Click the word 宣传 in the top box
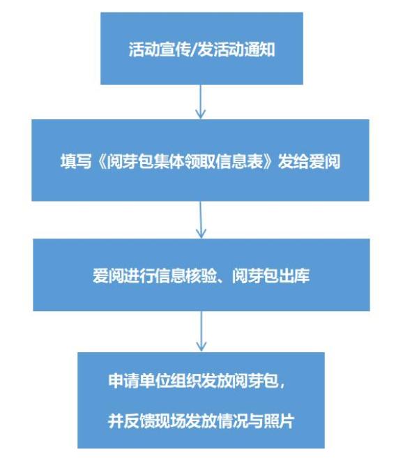coord(175,50)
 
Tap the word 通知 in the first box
coord(259,50)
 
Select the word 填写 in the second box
coord(76,162)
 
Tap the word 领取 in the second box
coord(200,162)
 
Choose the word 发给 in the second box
coord(294,162)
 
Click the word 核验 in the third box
coord(201,275)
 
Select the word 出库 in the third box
coord(294,275)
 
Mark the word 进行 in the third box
coord(139,275)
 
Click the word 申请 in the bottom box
coord(123,381)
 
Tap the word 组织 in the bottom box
coord(185,381)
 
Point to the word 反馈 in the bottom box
coord(139,421)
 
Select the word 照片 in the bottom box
coord(279,421)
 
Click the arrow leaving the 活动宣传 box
coord(201,102)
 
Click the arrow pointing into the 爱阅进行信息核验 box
coord(201,220)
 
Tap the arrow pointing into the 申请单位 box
coord(201,331)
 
